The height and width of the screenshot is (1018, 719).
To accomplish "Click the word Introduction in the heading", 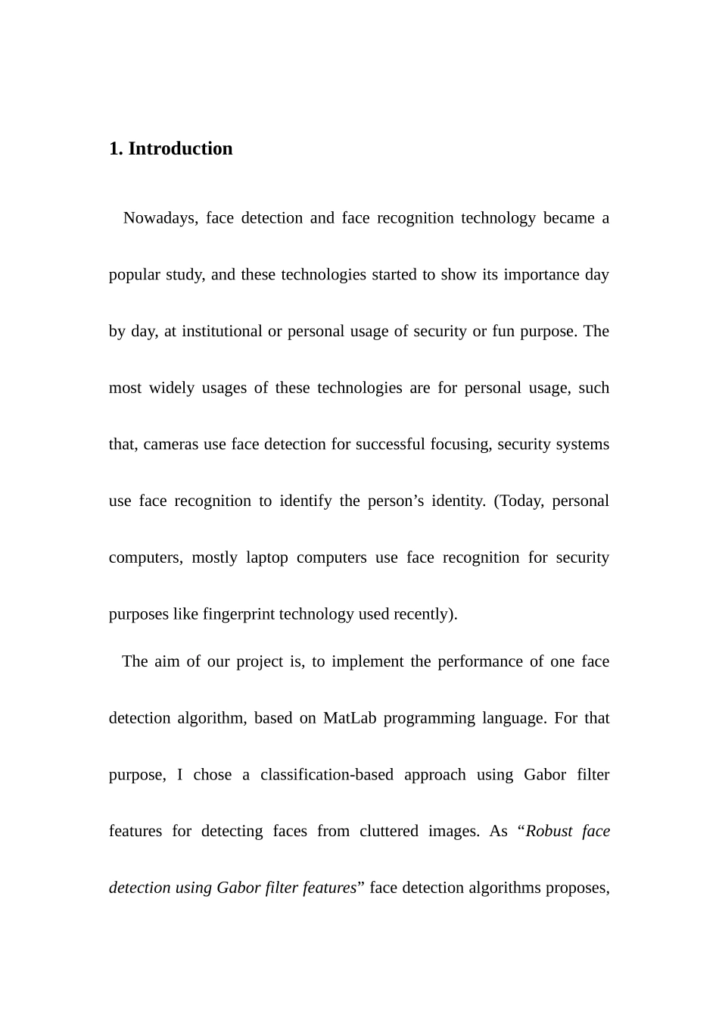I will [x=180, y=148].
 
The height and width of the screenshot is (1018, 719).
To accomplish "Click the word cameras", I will [x=171, y=445].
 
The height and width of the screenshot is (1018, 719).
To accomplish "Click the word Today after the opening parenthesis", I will [x=521, y=501].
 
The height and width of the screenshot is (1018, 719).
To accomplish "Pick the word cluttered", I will [x=389, y=831].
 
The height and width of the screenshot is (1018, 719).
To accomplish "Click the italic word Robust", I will [x=549, y=831].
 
